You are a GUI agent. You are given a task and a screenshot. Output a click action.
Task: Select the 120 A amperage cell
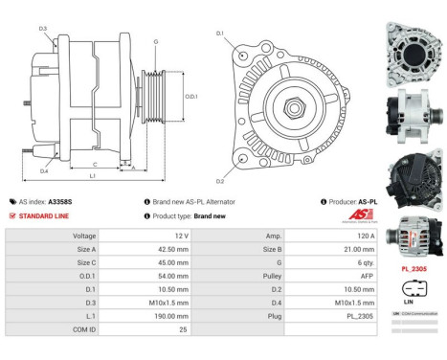[314, 235]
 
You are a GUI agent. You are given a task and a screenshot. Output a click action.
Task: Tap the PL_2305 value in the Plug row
[314, 313]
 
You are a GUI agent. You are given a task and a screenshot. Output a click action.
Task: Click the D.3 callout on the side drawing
[43, 29]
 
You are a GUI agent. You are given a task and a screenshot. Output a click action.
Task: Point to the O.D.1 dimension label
[191, 96]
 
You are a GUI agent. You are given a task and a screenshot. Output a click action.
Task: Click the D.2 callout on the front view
[220, 180]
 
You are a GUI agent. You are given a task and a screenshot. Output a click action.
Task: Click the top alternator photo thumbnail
[414, 43]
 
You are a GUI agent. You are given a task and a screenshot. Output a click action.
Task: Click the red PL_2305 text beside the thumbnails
[414, 270]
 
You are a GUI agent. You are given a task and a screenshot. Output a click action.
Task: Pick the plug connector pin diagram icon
[414, 288]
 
